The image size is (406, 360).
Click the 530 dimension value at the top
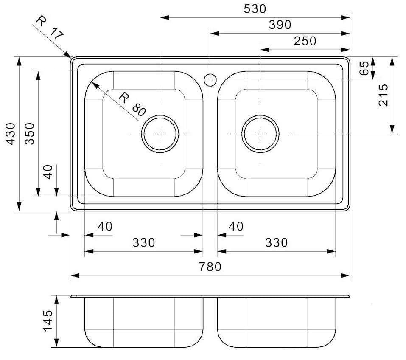255,8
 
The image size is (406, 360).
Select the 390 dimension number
280,25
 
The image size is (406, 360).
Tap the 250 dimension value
305,41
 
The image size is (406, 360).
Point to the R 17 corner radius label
50,27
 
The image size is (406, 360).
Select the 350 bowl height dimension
29,134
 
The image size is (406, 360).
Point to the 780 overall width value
210,267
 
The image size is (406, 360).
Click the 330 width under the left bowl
143,243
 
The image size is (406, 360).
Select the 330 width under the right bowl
276,243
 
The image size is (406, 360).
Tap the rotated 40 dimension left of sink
48,172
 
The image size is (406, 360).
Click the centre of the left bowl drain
160,134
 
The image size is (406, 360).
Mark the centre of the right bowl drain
260,134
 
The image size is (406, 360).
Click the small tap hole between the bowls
210,79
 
